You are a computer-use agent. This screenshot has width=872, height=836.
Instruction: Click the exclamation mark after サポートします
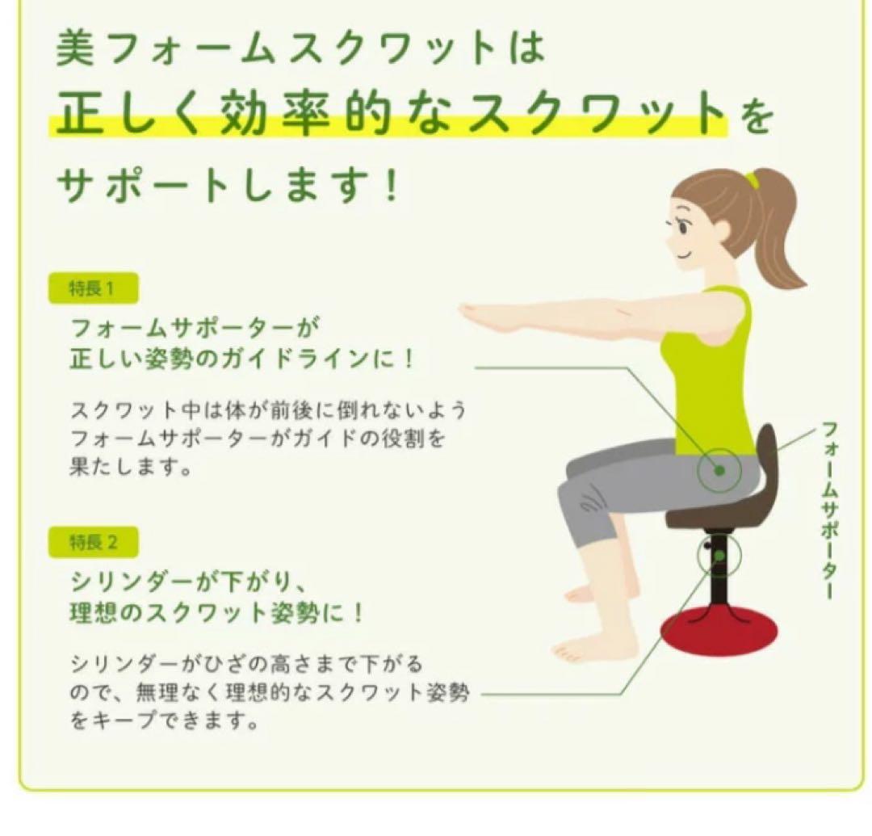[x=392, y=187]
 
